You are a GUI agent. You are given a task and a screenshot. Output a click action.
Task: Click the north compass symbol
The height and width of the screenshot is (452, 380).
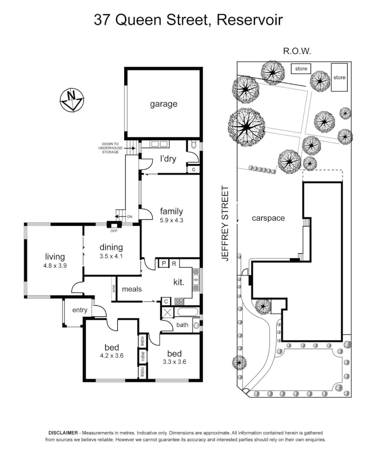[71, 100]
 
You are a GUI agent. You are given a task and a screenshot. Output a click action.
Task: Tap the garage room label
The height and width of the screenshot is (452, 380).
[163, 104]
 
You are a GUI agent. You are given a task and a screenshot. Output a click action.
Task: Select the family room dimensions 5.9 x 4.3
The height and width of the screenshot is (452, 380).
[171, 220]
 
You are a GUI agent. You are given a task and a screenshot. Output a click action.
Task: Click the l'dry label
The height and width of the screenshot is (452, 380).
[168, 159]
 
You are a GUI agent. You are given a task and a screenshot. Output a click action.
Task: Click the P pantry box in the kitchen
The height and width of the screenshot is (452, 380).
[164, 263]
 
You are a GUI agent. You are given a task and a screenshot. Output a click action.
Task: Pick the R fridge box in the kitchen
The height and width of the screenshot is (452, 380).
[174, 263]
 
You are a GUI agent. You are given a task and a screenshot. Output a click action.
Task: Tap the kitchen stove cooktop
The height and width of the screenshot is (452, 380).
[179, 301]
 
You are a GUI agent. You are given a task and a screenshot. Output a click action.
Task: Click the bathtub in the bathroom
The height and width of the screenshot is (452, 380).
[188, 312]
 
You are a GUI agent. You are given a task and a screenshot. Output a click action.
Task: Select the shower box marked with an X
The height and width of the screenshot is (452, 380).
[168, 312]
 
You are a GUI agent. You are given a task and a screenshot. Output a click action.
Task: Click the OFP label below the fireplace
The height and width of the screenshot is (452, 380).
[114, 231]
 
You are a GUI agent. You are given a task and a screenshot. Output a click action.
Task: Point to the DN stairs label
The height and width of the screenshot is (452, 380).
[130, 216]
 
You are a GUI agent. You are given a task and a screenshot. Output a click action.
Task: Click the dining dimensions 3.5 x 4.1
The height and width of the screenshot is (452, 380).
[111, 256]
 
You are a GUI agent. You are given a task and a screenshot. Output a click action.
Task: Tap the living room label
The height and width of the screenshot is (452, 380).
[55, 257]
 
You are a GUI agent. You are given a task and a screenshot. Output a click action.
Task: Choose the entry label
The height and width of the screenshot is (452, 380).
[80, 310]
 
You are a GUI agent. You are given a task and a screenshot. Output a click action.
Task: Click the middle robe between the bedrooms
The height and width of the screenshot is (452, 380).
[142, 357]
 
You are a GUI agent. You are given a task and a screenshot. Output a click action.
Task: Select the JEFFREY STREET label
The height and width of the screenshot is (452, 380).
[225, 223]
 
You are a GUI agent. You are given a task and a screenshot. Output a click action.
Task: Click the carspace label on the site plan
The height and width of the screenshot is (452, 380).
[268, 218]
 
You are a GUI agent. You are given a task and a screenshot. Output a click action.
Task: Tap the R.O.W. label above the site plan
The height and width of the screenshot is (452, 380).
[297, 51]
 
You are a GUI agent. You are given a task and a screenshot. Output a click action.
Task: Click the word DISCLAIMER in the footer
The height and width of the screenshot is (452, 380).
[63, 433]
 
